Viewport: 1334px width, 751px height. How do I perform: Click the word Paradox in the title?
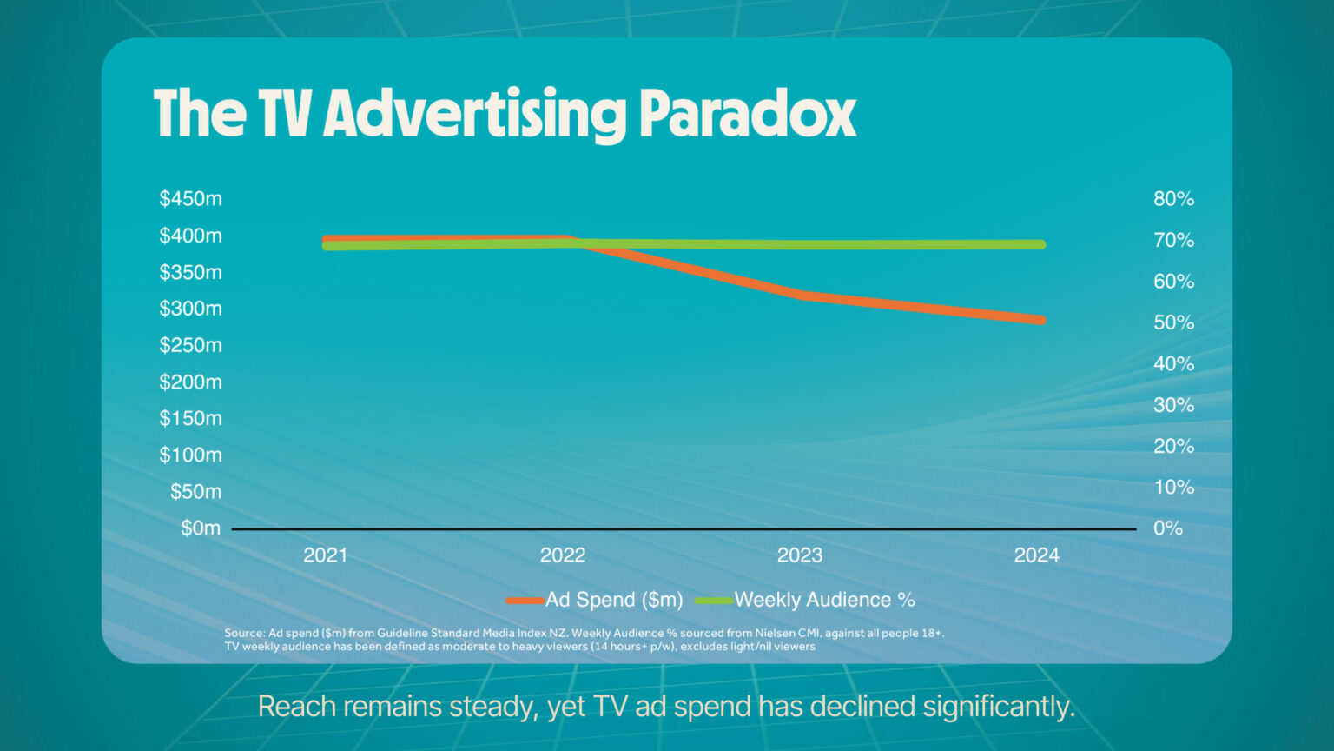pyautogui.click(x=748, y=114)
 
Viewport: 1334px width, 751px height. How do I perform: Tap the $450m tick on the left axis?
pyautogui.click(x=190, y=199)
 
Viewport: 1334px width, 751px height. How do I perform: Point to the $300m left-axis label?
pyautogui.click(x=190, y=309)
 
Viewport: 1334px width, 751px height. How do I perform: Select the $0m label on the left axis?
pyautogui.click(x=200, y=528)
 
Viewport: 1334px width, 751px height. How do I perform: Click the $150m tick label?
pyautogui.click(x=190, y=418)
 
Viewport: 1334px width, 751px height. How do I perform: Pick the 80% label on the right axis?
pyautogui.click(x=1173, y=199)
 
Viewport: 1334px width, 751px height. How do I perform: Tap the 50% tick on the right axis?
pyautogui.click(x=1173, y=322)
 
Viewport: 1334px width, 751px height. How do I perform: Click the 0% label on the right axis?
pyautogui.click(x=1168, y=528)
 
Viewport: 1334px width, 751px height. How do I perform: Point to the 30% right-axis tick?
pyautogui.click(x=1173, y=405)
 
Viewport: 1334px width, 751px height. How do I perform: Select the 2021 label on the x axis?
pyautogui.click(x=325, y=555)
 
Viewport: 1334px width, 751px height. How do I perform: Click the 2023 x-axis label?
pyautogui.click(x=799, y=555)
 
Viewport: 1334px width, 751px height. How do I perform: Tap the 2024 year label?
pyautogui.click(x=1036, y=555)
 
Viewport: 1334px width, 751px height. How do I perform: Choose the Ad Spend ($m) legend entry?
pyautogui.click(x=613, y=600)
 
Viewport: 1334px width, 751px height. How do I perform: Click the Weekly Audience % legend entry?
pyautogui.click(x=824, y=600)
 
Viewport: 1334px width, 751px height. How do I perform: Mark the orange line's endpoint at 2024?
pyautogui.click(x=1040, y=320)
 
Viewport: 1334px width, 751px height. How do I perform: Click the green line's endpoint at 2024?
pyautogui.click(x=1040, y=244)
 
